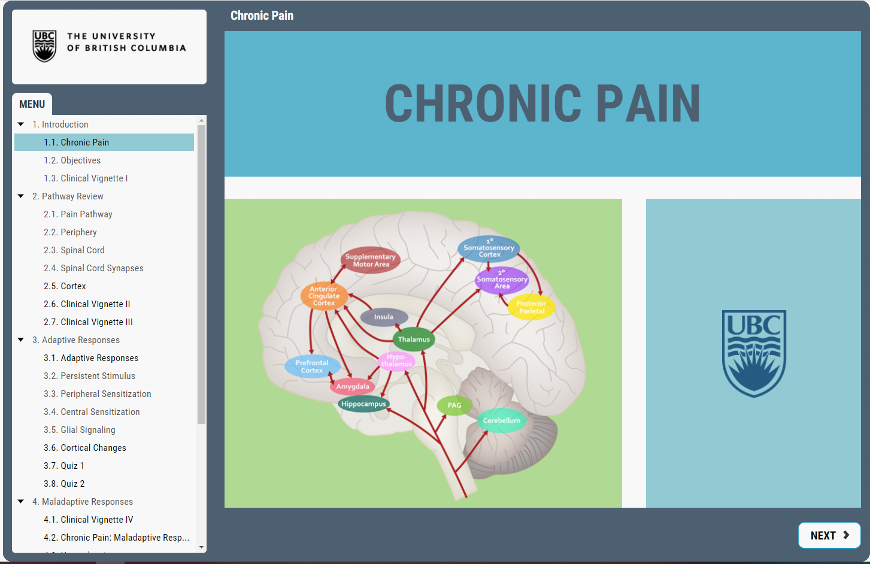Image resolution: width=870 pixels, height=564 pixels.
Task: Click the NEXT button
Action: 829,535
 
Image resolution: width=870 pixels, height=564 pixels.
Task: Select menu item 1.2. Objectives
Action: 72,160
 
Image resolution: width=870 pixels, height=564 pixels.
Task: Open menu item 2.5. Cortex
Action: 65,286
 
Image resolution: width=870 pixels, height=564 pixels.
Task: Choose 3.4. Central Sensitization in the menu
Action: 92,412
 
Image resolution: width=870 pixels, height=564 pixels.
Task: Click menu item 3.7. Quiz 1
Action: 63,466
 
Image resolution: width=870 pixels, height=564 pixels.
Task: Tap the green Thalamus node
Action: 414,339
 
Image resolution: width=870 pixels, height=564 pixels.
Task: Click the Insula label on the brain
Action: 384,317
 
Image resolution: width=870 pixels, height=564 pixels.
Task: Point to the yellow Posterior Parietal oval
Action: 531,307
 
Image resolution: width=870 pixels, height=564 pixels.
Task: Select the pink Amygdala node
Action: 353,387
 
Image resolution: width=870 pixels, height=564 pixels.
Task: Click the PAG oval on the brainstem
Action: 454,405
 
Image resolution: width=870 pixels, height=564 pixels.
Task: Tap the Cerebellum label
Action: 501,421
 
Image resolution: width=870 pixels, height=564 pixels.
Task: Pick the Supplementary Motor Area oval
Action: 371,260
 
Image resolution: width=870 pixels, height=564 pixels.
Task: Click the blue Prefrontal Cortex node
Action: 312,366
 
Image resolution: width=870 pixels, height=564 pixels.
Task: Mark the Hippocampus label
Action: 363,404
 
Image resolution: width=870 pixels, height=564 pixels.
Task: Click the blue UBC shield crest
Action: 754,353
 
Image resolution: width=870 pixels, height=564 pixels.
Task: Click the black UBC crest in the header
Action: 44,46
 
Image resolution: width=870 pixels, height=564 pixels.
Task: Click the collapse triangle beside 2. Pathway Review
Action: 21,196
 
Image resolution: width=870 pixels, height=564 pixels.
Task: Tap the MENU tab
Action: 32,104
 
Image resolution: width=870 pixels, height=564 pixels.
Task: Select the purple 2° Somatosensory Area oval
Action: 502,280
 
